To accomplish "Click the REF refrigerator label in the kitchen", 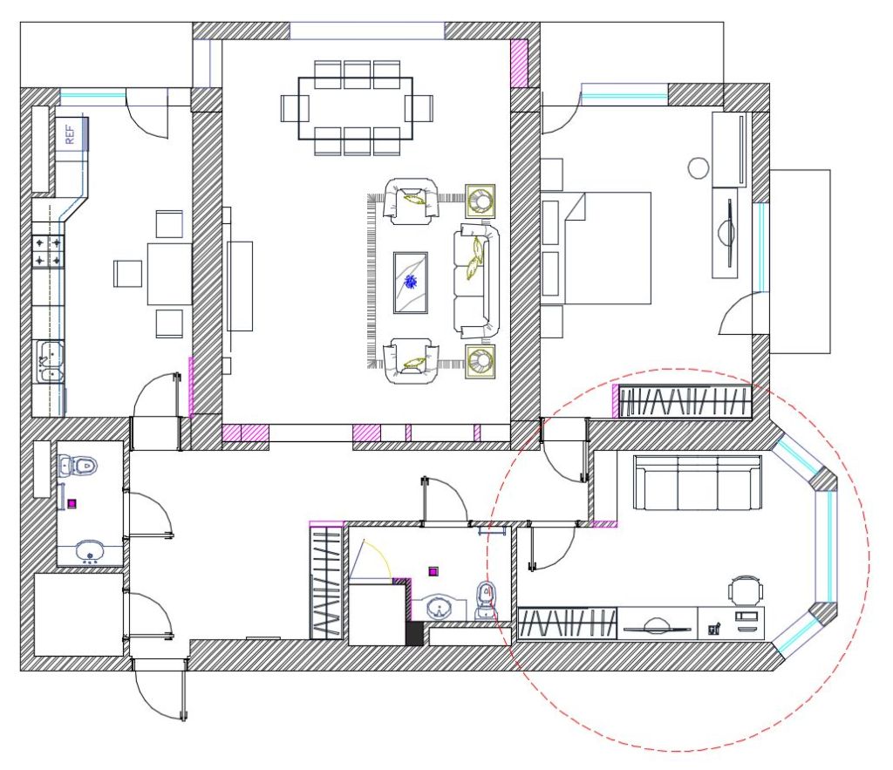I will click(x=71, y=134).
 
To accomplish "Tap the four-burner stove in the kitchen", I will click(x=49, y=250).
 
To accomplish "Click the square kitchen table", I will click(x=169, y=274).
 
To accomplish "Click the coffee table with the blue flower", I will click(x=410, y=282).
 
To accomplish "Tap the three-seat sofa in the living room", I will click(x=474, y=280).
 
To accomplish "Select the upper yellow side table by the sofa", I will click(x=480, y=201).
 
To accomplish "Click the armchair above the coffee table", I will click(x=412, y=201).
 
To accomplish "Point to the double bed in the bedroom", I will click(x=602, y=248).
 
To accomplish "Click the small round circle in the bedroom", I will click(x=698, y=168).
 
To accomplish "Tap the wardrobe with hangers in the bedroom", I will click(x=684, y=401).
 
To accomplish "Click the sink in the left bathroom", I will click(x=89, y=551).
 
